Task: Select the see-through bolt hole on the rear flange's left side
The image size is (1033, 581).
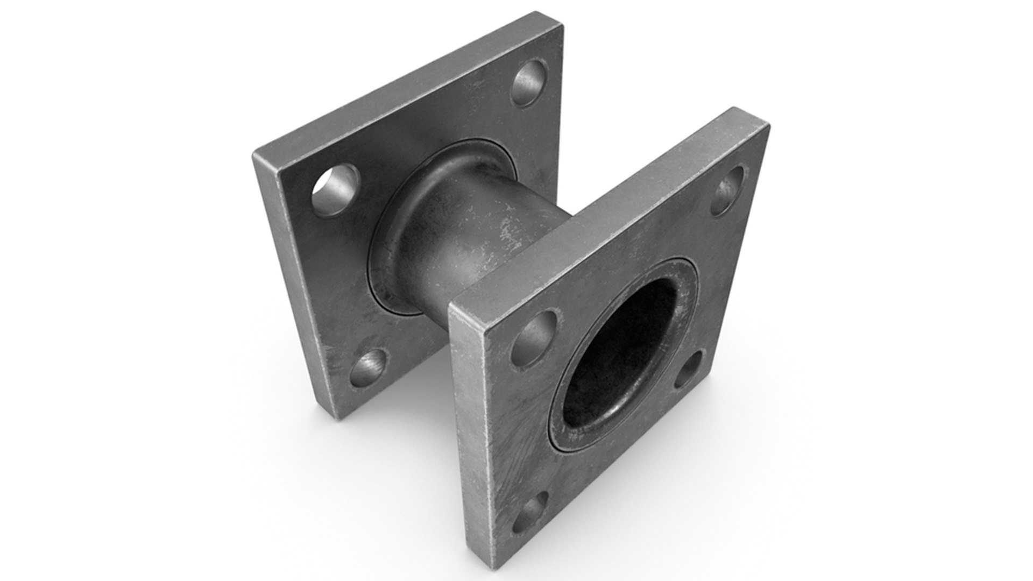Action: pos(335,189)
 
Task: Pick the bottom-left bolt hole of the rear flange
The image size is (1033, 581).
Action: pos(369,369)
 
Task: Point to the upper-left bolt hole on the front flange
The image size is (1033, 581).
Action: pos(534,338)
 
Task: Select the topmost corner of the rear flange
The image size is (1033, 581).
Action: pos(563,16)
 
